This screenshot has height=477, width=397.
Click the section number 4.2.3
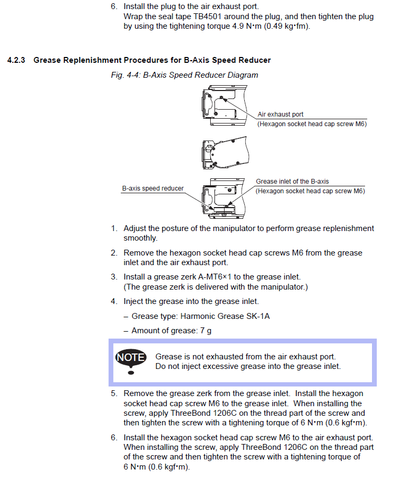click(17, 60)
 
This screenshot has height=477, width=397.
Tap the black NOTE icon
click(130, 357)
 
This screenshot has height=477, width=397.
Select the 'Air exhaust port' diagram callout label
click(280, 114)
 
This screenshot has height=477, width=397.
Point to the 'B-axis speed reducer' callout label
click(153, 188)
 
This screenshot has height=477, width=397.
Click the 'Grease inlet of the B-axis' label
click(292, 182)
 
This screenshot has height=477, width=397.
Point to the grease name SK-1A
click(257, 316)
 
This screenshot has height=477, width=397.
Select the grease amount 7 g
click(205, 331)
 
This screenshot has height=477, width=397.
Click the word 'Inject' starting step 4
click(134, 301)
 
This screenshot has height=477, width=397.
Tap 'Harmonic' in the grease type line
click(198, 316)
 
